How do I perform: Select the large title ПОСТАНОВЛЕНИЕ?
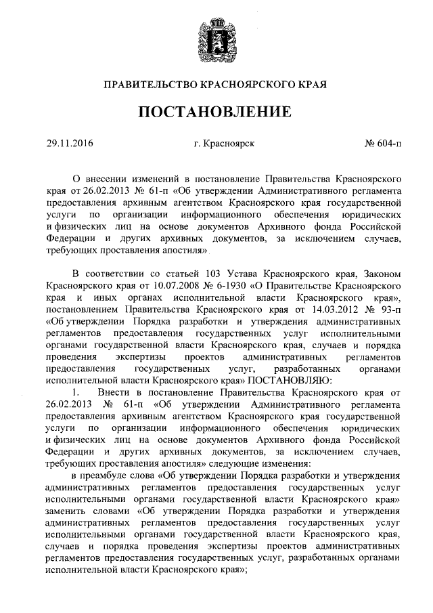(x=216, y=112)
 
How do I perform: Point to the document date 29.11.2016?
(x=70, y=144)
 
